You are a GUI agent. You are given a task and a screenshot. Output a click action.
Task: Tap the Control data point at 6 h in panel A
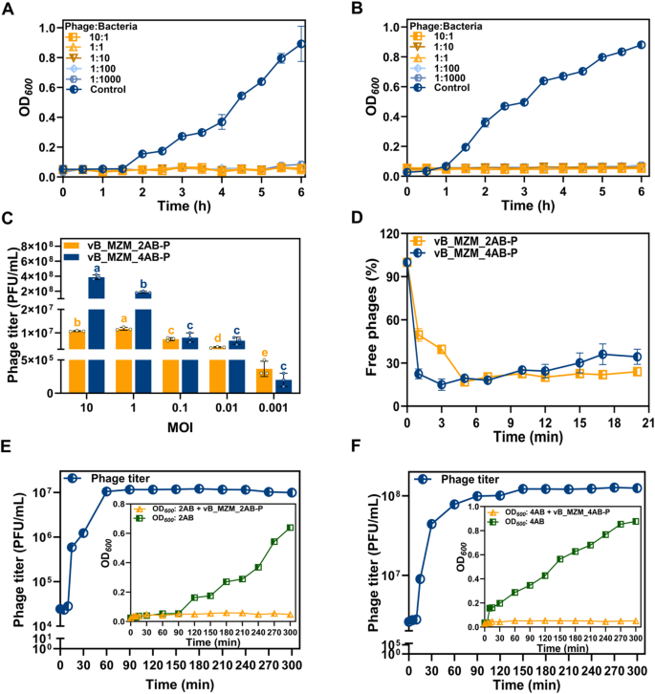click(x=301, y=43)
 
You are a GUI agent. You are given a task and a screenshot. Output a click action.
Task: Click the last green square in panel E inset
click(x=289, y=527)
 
